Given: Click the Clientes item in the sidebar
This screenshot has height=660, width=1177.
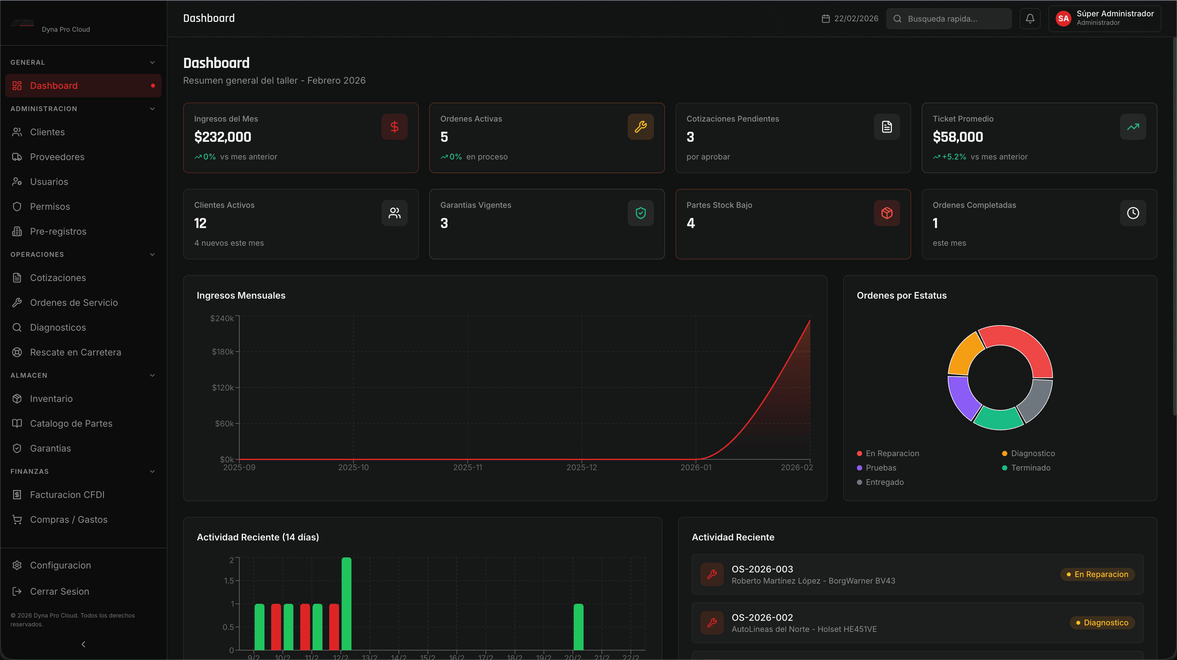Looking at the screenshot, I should pyautogui.click(x=47, y=132).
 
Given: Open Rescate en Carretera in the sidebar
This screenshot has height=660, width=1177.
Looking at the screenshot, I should pyautogui.click(x=76, y=352).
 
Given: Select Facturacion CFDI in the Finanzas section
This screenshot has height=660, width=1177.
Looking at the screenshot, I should pyautogui.click(x=67, y=495).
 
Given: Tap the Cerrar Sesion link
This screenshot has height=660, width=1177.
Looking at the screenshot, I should pyautogui.click(x=60, y=591).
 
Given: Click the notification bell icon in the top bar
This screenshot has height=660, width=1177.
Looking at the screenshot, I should pyautogui.click(x=1030, y=19).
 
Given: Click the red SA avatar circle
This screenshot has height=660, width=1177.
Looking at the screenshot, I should pyautogui.click(x=1063, y=19).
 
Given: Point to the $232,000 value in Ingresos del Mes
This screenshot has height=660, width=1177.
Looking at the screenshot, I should pyautogui.click(x=223, y=137).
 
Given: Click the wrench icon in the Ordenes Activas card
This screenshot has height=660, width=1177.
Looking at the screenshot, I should pyautogui.click(x=640, y=126).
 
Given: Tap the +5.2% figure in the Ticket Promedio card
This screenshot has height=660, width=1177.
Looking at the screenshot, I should pyautogui.click(x=954, y=157).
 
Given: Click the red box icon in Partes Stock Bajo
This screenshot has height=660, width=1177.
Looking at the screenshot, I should pyautogui.click(x=886, y=213).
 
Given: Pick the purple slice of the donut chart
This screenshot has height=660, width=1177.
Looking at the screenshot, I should pyautogui.click(x=962, y=396).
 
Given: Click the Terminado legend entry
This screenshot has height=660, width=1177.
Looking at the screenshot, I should pyautogui.click(x=1030, y=468).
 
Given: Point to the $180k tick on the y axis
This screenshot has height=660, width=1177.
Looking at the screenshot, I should pyautogui.click(x=223, y=352).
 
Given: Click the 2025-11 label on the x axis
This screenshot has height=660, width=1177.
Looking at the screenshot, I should pyautogui.click(x=468, y=467).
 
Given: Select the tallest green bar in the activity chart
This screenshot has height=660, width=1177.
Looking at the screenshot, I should pyautogui.click(x=346, y=603).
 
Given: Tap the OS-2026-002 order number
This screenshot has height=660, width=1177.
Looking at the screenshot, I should pyautogui.click(x=762, y=618).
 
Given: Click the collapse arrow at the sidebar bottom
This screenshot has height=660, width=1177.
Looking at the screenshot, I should pyautogui.click(x=83, y=644).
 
